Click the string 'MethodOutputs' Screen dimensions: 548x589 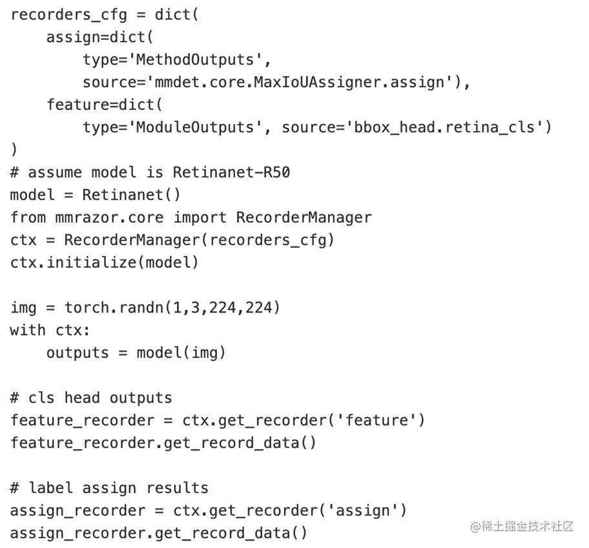tap(197, 59)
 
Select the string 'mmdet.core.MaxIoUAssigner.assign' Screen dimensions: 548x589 tap(296, 82)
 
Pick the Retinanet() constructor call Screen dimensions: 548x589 tap(132, 195)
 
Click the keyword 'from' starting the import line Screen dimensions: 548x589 tap(28, 218)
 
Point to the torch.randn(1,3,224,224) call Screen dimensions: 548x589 tap(172, 307)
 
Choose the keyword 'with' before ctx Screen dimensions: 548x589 tap(28, 330)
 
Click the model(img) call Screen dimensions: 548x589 tap(181, 352)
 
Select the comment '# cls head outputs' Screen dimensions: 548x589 tap(91, 398)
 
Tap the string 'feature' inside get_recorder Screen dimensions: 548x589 tap(377, 420)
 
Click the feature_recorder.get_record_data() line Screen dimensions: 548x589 tap(163, 443)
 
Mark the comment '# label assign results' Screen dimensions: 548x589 tap(109, 488)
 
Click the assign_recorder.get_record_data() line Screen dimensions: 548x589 tap(159, 533)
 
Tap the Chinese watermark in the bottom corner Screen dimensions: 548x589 tap(522, 527)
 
